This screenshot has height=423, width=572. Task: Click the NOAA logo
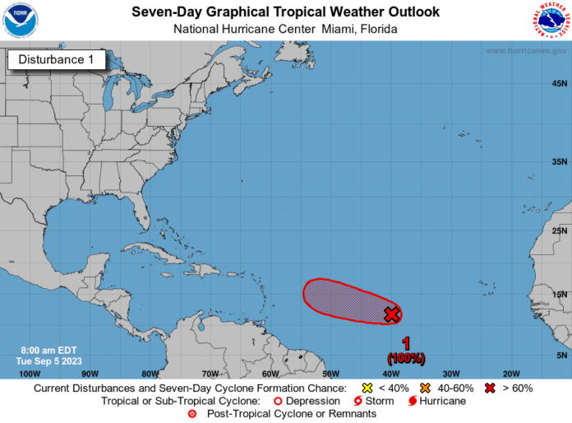pyautogui.click(x=21, y=21)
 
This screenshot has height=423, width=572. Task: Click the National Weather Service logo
pyautogui.click(x=550, y=21)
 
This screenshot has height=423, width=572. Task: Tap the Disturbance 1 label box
pyautogui.click(x=57, y=59)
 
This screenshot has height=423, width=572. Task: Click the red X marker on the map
pyautogui.click(x=392, y=314)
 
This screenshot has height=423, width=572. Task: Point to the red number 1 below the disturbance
pyautogui.click(x=406, y=343)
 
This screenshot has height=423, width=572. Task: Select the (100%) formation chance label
pyautogui.click(x=406, y=358)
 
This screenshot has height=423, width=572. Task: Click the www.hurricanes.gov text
pyautogui.click(x=526, y=50)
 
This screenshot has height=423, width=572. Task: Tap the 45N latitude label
pyautogui.click(x=560, y=84)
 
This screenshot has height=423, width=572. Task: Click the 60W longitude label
pyautogui.click(x=270, y=373)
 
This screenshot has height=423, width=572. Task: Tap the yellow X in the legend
pyautogui.click(x=367, y=388)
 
